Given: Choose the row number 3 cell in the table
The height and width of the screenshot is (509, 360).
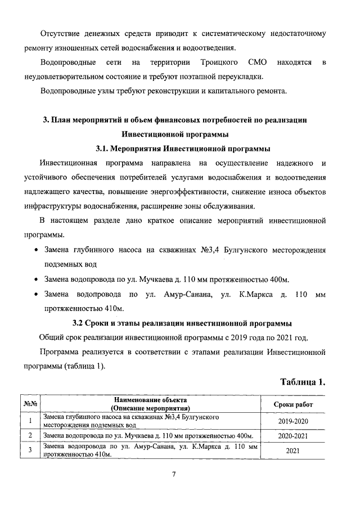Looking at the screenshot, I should coord(29,450).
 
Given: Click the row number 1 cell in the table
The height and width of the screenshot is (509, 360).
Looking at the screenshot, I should coord(29,421).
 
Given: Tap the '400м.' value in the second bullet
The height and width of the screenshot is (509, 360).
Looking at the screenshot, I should coord(278,279).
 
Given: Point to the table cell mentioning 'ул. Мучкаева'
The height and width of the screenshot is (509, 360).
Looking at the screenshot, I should coord(148,435).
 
